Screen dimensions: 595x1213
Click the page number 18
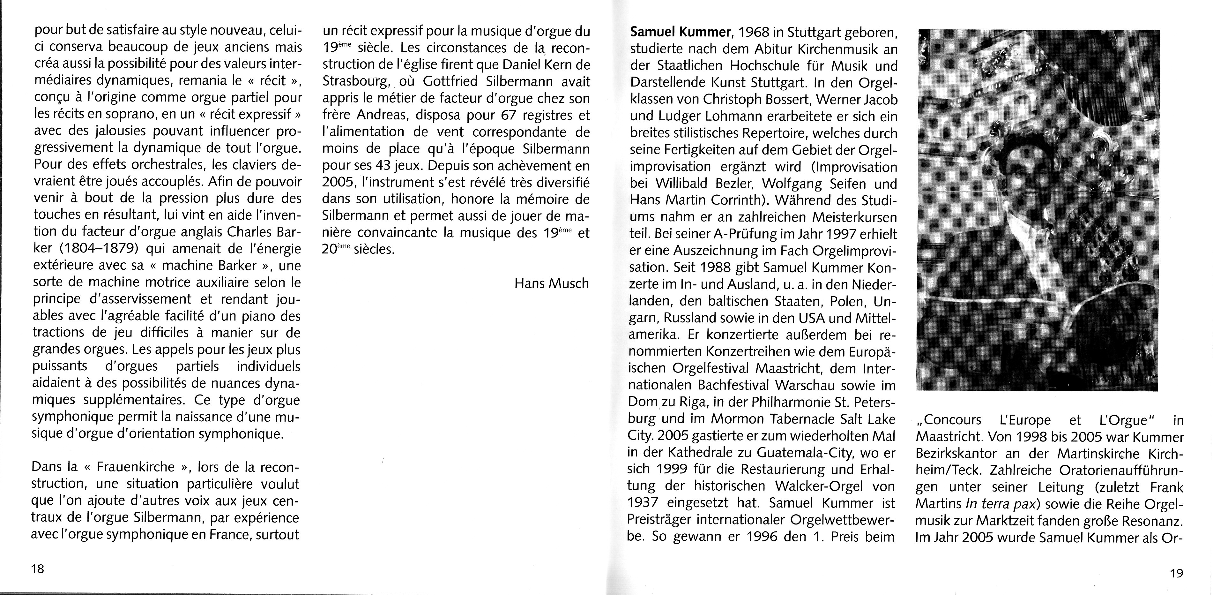click(37, 569)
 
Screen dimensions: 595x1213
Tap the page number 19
click(1176, 573)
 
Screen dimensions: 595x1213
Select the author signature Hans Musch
click(551, 283)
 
